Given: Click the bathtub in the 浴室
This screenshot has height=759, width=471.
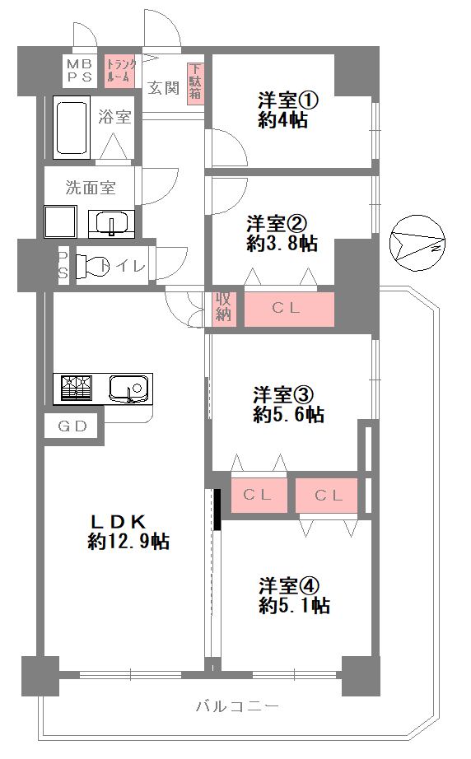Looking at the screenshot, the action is tap(72, 127).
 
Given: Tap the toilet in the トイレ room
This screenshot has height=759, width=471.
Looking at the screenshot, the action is tap(93, 266).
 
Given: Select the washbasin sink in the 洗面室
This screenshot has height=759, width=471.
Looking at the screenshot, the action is tap(112, 224).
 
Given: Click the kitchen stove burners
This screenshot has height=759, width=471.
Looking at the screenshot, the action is tap(76, 389).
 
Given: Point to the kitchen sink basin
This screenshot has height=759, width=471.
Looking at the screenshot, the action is tap(128, 389).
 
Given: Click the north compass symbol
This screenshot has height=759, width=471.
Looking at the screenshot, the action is tap(417, 244).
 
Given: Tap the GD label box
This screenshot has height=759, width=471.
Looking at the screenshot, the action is tap(72, 426).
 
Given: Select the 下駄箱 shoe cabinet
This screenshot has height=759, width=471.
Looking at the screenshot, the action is tap(195, 83).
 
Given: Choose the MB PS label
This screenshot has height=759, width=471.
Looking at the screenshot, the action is tap(79, 71).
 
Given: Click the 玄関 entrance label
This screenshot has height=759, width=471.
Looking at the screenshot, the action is tap(163, 88).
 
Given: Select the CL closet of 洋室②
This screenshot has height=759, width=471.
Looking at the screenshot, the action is tap(289, 309).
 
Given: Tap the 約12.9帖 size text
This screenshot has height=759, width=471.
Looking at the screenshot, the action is tap(128, 541).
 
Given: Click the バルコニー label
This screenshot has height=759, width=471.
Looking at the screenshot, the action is tap(238, 706).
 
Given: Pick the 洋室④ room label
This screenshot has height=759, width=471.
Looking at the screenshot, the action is tap(289, 585).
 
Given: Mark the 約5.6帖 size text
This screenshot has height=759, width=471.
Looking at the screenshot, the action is tap(288, 415).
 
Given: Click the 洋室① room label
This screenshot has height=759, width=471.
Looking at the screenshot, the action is tap(288, 100).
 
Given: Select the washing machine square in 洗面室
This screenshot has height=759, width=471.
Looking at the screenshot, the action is tap(60, 221).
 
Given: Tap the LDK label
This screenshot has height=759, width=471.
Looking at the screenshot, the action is tap(119, 521).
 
